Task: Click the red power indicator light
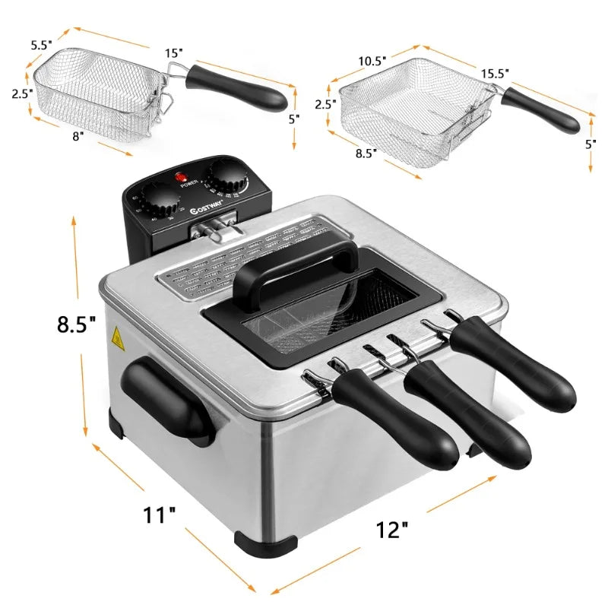[183, 176]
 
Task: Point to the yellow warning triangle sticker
[118, 338]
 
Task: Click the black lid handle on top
[296, 270]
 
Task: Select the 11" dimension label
[160, 515]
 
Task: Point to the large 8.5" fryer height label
[76, 325]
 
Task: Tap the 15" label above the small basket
[173, 52]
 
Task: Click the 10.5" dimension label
[372, 59]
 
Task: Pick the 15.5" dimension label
[494, 73]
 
